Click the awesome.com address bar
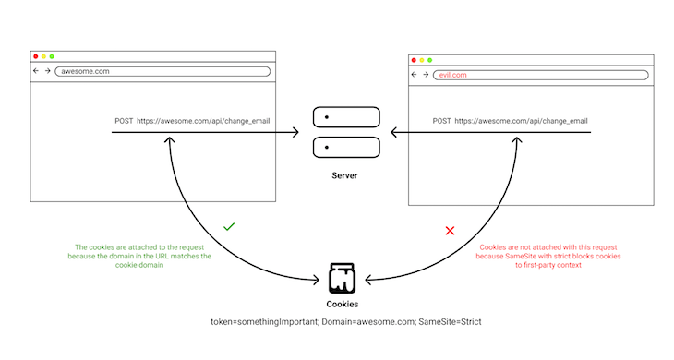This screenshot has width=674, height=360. click(162, 71)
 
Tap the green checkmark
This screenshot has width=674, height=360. click(229, 225)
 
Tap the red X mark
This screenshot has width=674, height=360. click(451, 230)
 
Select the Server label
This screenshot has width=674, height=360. click(344, 174)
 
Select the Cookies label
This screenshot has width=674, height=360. click(343, 303)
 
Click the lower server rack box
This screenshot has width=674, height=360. click(345, 148)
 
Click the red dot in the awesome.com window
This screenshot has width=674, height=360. click(36, 56)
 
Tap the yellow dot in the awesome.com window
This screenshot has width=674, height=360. click(44, 56)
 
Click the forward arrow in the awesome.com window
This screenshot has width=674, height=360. click(47, 71)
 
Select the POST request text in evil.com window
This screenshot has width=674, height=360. click(511, 121)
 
